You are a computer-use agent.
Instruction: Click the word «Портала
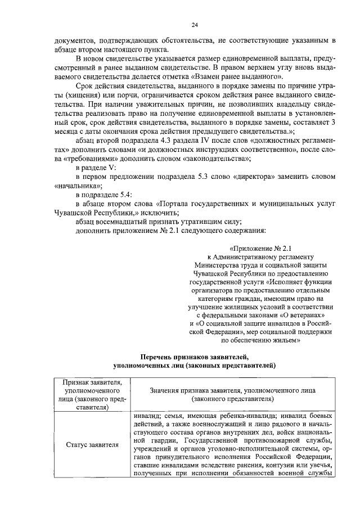[x=173, y=205]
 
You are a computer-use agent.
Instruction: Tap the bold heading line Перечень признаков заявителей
[x=194, y=357]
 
